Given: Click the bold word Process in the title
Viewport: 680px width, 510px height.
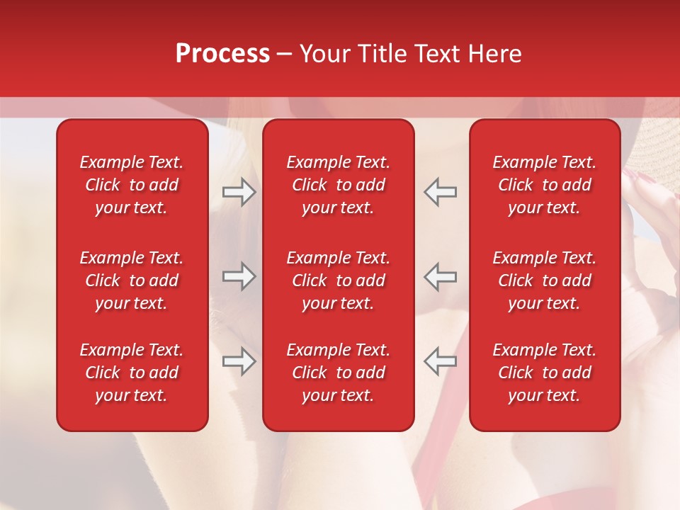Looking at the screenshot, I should coord(222,54).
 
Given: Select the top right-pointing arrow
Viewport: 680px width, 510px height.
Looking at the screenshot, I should coord(239,192).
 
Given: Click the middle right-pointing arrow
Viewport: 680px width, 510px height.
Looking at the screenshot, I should coord(239,276).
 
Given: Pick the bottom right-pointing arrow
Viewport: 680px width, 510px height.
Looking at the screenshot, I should coord(239,361).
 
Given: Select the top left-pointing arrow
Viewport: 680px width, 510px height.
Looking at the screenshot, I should coord(441,192).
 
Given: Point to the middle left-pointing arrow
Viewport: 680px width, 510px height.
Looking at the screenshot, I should coord(441,276).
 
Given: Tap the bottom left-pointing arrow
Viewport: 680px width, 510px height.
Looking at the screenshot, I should coord(441,361).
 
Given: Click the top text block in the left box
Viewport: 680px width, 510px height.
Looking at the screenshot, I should coord(132,185).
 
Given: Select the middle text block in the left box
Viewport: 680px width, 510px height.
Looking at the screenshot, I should coord(132,280).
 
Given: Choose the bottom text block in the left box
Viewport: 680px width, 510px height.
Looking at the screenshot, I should coord(132,373).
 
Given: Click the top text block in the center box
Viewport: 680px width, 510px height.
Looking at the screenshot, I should coord(338,185).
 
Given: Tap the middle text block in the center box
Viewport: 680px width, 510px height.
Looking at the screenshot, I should coord(338,280).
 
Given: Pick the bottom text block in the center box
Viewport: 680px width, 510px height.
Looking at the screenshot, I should coord(338,373).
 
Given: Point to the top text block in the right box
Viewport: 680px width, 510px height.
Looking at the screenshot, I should coord(544,185).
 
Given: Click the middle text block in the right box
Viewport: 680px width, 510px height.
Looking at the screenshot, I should coord(544,280).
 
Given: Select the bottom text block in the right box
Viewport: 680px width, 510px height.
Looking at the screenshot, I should coord(544,373).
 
